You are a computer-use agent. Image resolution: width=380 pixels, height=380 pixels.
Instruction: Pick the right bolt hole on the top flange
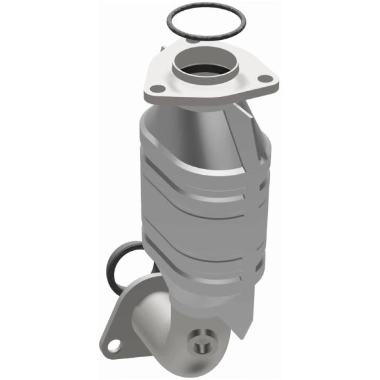point(268,79)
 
